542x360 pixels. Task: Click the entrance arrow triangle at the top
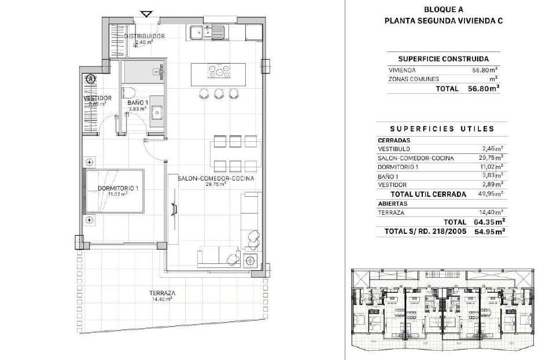(147, 14)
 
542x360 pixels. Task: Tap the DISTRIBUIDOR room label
(144, 36)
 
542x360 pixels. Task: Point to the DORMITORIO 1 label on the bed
(118, 189)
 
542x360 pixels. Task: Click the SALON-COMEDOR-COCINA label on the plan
(216, 179)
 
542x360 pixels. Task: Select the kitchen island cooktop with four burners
(219, 72)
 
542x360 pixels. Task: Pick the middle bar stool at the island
(219, 93)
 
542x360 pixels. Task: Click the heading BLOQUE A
(443, 9)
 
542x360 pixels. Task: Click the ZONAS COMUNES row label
(413, 79)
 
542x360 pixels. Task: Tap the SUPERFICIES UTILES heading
(442, 128)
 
